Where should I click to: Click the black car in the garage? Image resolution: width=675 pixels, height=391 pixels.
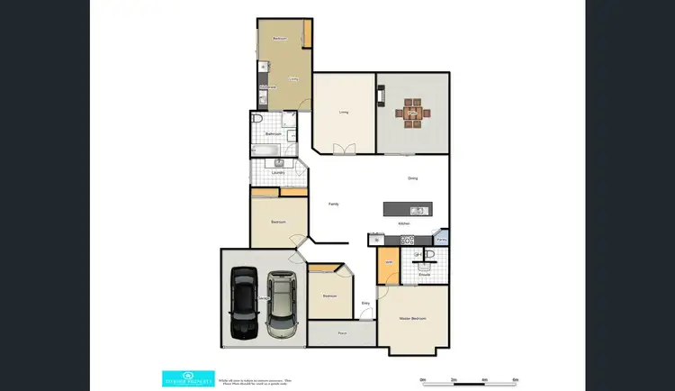242,302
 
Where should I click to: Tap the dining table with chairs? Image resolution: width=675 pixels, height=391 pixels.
413,113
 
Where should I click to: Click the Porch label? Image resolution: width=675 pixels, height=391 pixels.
342,333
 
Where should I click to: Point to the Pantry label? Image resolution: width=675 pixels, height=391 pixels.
441,239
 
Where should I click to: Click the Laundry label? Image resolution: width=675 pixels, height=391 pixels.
278,171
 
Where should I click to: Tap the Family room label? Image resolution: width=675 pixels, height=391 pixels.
334,205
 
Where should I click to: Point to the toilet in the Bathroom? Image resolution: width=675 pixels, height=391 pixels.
257,121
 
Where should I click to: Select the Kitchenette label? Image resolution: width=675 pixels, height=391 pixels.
267,87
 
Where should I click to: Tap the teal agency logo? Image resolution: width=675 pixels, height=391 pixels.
187,377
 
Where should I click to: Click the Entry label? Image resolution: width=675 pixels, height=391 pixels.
366,303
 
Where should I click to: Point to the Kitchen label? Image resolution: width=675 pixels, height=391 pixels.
404,223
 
